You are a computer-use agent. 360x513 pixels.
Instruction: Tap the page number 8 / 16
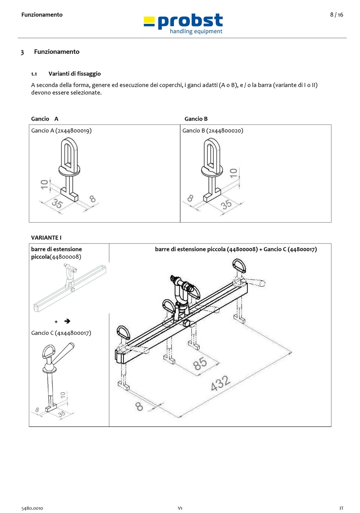tap(337, 15)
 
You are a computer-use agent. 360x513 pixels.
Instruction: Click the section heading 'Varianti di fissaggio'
tap(75, 74)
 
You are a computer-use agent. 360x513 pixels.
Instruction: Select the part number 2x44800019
tap(74, 131)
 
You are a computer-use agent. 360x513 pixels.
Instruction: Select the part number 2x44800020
tap(225, 131)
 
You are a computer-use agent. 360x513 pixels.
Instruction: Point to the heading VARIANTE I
tap(46, 238)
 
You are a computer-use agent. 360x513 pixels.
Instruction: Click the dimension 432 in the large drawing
tap(220, 383)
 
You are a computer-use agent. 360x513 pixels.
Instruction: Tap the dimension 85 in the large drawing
tap(200, 364)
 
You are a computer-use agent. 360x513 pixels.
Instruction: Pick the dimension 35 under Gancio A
tap(57, 203)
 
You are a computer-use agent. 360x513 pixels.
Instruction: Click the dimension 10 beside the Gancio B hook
tap(233, 173)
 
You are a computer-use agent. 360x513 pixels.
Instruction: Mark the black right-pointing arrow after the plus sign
tap(67, 321)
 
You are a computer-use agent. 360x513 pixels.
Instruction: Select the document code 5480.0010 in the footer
tap(32, 508)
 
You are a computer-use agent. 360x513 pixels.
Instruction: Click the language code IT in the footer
tap(341, 508)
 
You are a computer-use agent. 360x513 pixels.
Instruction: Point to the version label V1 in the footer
tap(180, 508)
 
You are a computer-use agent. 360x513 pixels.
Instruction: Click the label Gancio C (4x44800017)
tap(61, 333)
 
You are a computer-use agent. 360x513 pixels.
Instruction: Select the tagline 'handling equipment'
tap(196, 31)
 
